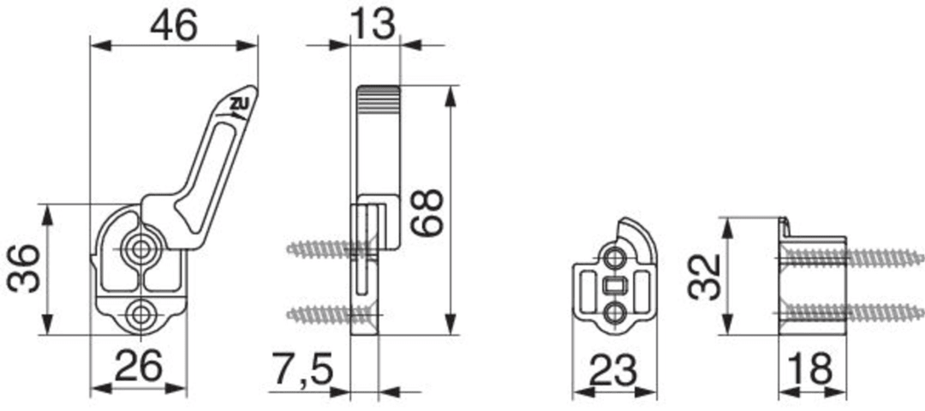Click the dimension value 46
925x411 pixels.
point(173,27)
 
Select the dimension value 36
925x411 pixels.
point(24,269)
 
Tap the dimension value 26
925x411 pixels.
point(138,366)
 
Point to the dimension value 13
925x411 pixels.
point(373,26)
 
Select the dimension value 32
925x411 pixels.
point(706,277)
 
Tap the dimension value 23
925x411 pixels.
point(613,371)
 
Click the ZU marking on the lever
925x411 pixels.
point(240,105)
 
